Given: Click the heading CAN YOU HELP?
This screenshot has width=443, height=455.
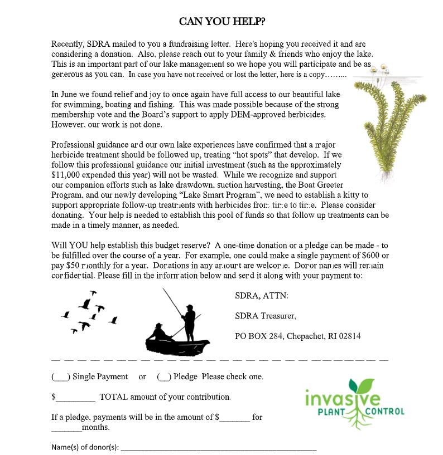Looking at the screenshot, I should click(x=222, y=21).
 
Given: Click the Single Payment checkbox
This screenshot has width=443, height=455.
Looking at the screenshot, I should click(x=60, y=377).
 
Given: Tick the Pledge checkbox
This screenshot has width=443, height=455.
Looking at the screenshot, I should click(x=164, y=377).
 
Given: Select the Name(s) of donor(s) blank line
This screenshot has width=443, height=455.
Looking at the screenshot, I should click(x=218, y=448).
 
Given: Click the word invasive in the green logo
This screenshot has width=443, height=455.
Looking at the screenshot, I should click(x=343, y=399).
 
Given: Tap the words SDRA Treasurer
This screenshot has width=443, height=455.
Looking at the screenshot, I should click(x=265, y=316).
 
